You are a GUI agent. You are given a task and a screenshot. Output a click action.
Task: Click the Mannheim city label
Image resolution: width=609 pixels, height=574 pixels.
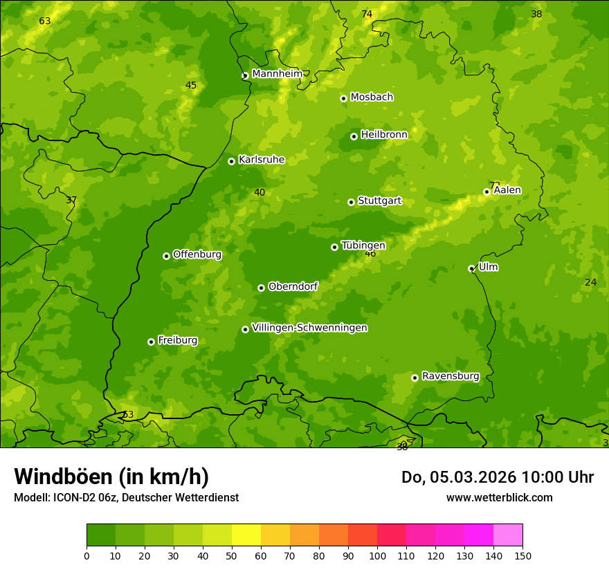pos(277,74)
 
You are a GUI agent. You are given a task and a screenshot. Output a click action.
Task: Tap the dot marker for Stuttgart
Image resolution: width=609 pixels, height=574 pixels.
pos(351,202)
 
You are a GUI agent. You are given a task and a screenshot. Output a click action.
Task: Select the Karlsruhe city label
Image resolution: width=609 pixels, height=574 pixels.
pos(261,160)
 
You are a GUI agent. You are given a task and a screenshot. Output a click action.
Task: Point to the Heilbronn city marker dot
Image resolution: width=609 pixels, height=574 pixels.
pos(354,136)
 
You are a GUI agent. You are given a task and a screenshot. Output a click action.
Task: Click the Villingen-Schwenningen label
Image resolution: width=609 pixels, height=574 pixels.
pos(309,328)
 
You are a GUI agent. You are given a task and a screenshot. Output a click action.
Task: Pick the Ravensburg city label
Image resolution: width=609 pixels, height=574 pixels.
pos(450,376)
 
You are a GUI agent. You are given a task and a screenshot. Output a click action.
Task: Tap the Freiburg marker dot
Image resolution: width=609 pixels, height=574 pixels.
pos(151,342)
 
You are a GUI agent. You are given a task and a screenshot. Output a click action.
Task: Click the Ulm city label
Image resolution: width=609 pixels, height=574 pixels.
pos(488,267)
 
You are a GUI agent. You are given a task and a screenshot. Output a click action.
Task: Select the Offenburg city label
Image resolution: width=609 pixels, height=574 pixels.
pos(197,254)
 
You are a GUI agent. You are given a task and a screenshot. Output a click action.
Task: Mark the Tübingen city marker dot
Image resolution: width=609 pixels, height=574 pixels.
pos(334,247)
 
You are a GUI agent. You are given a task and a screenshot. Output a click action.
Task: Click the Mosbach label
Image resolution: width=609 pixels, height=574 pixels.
pos(371,98)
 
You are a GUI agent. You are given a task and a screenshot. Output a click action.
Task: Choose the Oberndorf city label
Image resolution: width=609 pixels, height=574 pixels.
pos(293,286)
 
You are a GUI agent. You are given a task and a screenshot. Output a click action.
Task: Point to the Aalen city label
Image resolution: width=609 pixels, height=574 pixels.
pos(507,190)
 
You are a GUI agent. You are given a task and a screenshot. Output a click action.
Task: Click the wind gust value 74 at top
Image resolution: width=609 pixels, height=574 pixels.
pos(367,15)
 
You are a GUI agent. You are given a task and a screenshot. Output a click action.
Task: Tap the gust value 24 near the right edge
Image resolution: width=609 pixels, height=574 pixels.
pos(590,282)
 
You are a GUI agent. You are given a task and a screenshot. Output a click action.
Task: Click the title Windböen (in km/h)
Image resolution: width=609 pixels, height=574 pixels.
pos(111,476)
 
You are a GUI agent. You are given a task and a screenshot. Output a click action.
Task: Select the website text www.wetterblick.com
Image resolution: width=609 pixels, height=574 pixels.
pos(499,497)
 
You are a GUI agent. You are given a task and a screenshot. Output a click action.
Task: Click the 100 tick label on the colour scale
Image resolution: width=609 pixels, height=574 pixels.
pos(377,555)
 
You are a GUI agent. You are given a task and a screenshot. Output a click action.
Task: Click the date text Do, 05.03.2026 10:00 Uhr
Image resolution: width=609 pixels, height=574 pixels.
pos(497,477)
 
